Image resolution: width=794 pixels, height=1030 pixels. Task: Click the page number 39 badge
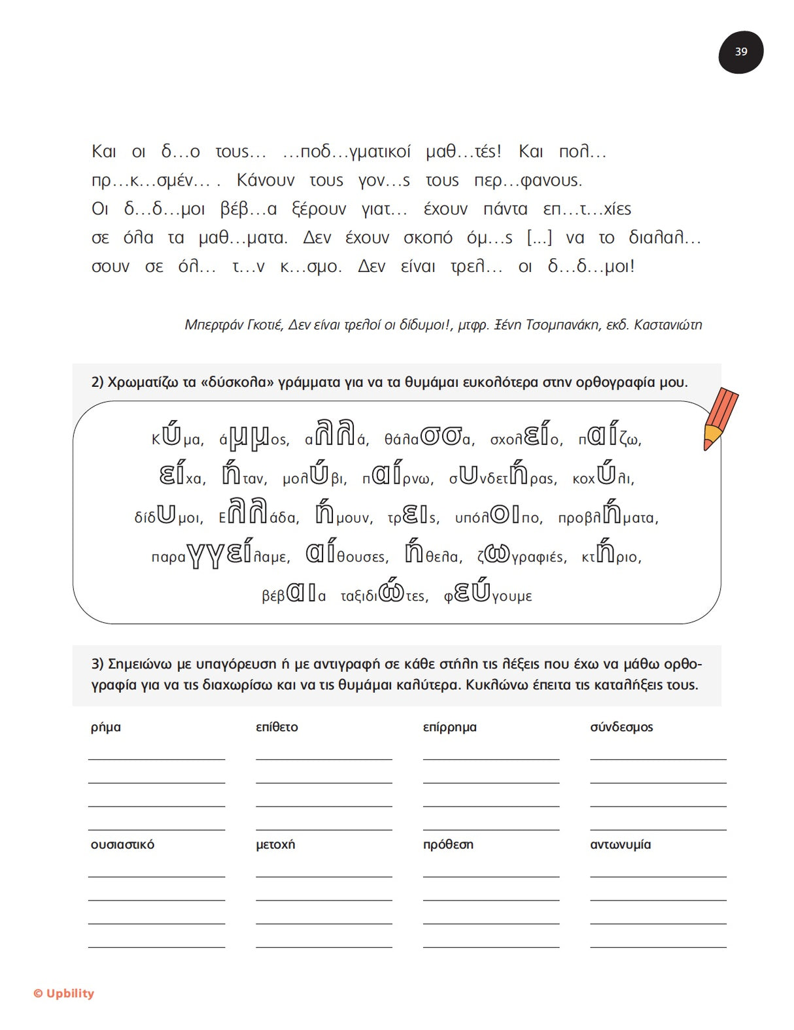pos(740,52)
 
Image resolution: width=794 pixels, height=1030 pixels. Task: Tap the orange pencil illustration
pos(720,418)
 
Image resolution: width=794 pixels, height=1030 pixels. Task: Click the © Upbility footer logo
pos(64,993)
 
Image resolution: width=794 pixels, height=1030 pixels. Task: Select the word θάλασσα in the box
pos(429,437)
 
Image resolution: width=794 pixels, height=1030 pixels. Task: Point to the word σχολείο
pos(526,437)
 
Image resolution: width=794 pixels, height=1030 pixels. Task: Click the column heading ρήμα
pos(106,727)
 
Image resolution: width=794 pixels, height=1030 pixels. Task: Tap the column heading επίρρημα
pos(449,727)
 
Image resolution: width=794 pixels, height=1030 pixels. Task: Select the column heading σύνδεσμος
pos(621,727)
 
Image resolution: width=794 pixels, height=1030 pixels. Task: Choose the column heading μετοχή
pos(275,844)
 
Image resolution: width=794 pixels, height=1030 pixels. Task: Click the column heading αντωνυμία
pos(620,844)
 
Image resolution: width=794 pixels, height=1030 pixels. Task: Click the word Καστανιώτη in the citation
pos(667,325)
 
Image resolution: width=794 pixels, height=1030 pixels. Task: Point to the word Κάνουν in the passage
pos(266,180)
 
